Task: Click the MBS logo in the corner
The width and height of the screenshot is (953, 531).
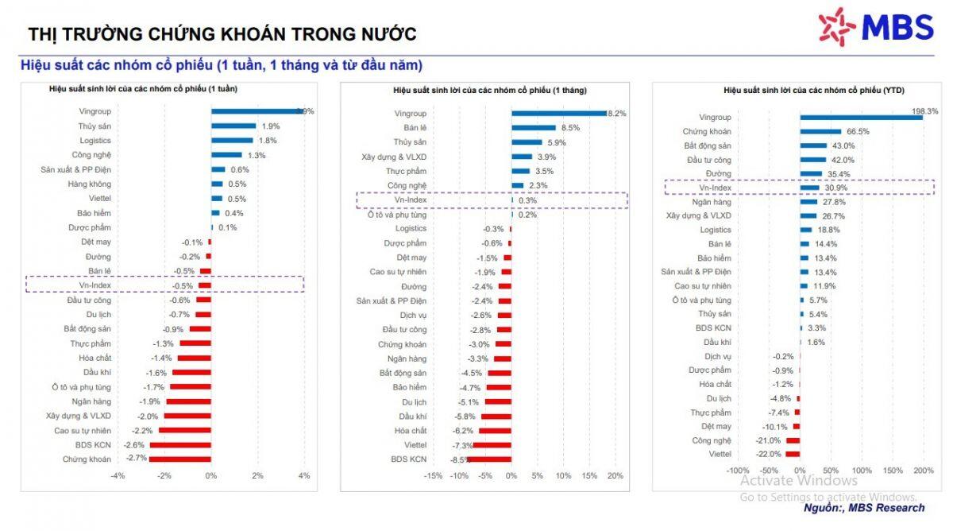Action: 876,27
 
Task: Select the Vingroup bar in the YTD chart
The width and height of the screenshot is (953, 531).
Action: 861,117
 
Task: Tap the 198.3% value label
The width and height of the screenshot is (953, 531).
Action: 925,110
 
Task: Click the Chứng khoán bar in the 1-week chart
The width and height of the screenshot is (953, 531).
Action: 180,459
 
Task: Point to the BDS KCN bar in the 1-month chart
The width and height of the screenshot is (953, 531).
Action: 489,459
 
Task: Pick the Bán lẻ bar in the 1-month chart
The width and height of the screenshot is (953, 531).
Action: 534,127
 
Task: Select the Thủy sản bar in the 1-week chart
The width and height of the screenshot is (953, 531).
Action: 233,126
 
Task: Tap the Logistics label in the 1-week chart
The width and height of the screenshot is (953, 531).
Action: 95,140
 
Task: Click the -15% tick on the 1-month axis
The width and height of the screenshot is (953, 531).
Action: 433,475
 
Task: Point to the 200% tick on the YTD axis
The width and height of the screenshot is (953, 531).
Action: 924,471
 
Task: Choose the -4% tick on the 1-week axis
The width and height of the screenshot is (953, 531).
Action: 118,475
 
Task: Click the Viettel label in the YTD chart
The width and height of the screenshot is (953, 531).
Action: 720,454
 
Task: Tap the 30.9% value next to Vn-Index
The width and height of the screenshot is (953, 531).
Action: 835,188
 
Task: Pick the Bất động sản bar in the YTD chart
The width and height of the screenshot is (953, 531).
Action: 813,145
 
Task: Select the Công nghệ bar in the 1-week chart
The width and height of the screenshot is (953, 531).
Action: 226,155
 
